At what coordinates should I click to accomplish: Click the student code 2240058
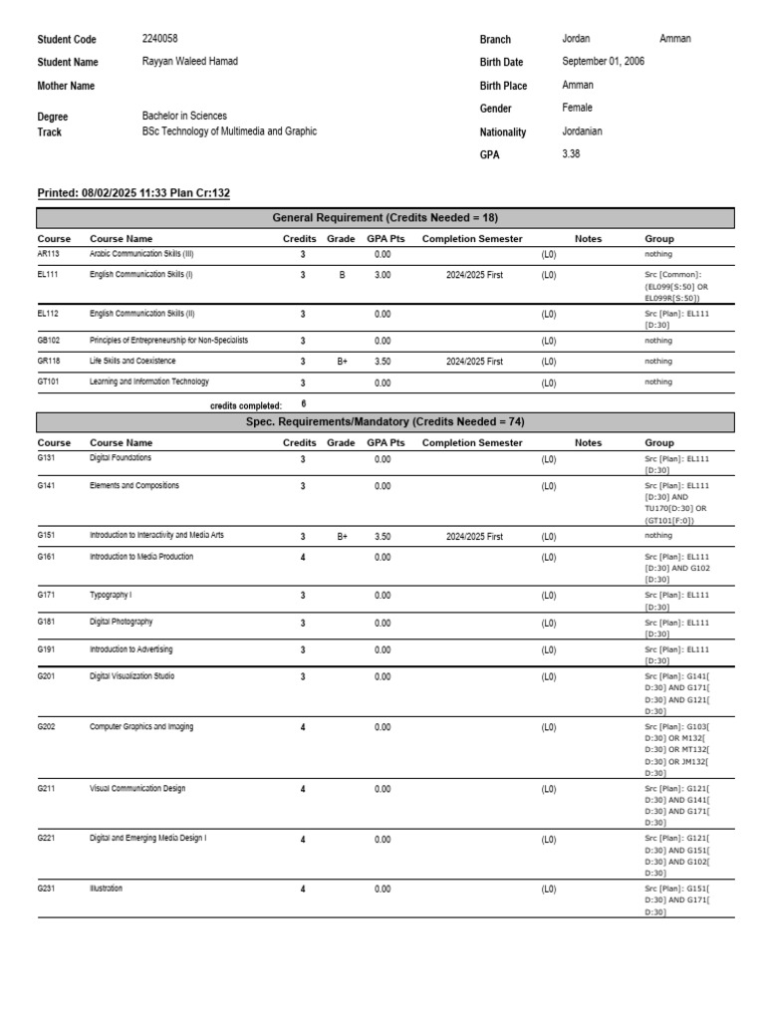(160, 39)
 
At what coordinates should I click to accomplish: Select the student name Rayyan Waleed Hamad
(190, 62)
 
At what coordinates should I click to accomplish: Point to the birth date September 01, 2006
(603, 62)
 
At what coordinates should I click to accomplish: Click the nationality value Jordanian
(582, 130)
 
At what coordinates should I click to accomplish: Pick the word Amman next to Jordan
(674, 39)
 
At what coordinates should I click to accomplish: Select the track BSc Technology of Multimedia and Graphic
(229, 131)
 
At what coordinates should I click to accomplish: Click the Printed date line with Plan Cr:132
(133, 193)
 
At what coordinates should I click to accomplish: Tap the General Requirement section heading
(384, 217)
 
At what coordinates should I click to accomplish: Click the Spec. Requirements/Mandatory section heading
(384, 421)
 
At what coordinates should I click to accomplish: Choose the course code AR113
(49, 254)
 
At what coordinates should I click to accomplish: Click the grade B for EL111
(342, 274)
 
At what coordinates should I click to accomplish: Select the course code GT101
(49, 382)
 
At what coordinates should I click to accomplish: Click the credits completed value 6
(304, 404)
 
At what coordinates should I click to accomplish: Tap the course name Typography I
(111, 595)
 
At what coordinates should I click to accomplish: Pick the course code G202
(47, 727)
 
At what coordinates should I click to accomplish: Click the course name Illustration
(107, 889)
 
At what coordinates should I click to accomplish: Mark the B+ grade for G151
(342, 536)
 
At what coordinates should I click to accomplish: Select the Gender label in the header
(496, 109)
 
